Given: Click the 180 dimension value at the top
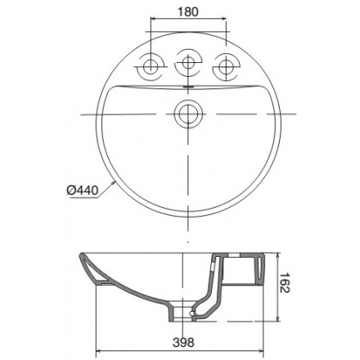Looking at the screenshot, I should pyautogui.click(x=189, y=12).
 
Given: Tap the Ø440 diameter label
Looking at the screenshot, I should pyautogui.click(x=82, y=191).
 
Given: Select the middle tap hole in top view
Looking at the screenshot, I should pyautogui.click(x=189, y=63).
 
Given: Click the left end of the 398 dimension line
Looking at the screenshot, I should pyautogui.click(x=97, y=353).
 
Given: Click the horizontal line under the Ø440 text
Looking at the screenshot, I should pyautogui.click(x=82, y=198).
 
